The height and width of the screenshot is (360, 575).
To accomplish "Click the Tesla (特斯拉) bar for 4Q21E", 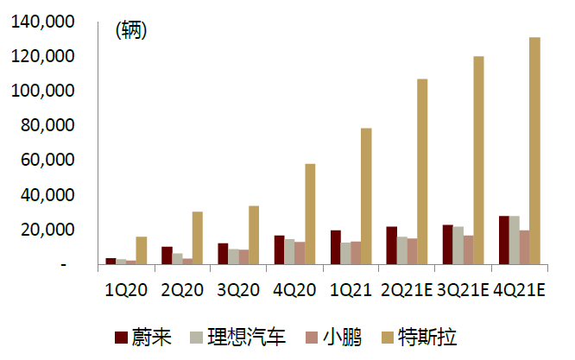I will [535, 151].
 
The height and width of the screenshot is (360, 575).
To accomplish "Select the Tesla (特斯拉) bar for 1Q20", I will [141, 250].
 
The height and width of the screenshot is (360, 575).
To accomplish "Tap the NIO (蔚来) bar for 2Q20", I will [167, 256].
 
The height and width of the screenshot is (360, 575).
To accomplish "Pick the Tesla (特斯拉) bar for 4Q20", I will [310, 214].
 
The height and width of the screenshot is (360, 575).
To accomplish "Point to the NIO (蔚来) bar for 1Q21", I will [336, 247].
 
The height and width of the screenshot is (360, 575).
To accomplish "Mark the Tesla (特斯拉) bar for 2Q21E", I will [422, 172].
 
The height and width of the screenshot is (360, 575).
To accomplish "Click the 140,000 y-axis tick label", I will [43, 22].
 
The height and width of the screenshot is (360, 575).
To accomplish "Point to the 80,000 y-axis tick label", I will [47, 126].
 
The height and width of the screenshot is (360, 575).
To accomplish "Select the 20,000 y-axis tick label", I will [47, 230].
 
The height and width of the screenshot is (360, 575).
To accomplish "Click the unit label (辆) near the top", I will [131, 30].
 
